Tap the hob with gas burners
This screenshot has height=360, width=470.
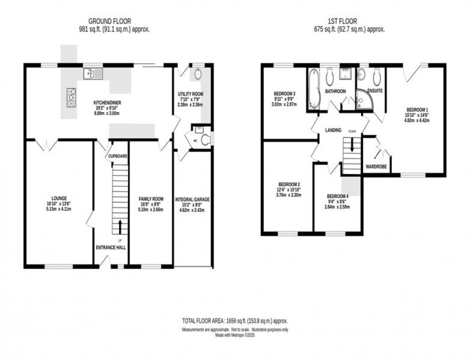pos(71,97)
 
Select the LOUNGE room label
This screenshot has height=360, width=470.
pos(59,197)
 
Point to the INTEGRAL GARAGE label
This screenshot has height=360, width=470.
pos(192,199)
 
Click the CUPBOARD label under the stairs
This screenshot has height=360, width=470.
pos(117,156)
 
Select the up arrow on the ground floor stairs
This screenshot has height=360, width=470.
pos(119,226)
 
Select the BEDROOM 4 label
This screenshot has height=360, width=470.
pos(338,196)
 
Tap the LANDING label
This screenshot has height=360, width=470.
pos(333,130)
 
